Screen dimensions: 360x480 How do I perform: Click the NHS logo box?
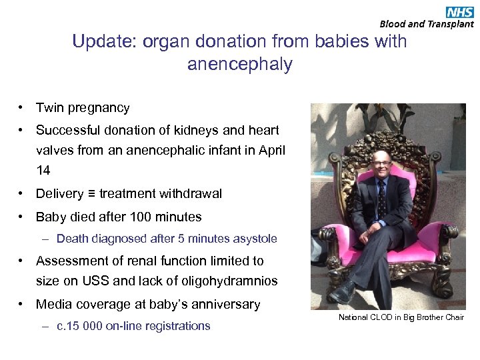click(x=459, y=11)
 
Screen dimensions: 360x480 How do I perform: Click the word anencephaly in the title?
click(x=239, y=65)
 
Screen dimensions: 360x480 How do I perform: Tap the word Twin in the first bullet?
click(x=50, y=107)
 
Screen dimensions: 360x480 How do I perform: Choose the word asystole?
click(x=254, y=239)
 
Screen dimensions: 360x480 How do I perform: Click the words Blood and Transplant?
click(x=427, y=24)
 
